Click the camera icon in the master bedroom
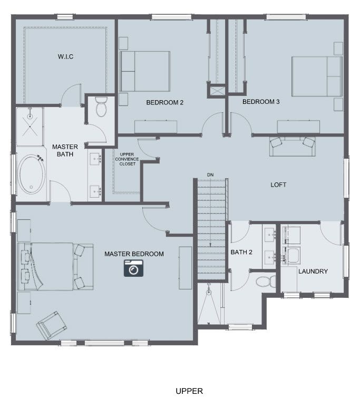tap(133, 268)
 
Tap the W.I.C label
tap(65, 56)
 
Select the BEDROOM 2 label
tap(164, 102)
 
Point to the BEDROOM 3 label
tap(261, 102)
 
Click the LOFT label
tap(278, 185)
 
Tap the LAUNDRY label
tap(313, 272)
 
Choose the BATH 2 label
tap(241, 252)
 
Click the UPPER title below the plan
tap(189, 391)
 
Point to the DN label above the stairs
tap(210, 175)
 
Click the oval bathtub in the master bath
tap(32, 173)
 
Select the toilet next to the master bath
tap(101, 107)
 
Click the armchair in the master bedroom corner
tap(52, 325)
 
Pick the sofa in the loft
tap(292, 147)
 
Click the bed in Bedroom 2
tap(144, 71)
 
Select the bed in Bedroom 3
tap(317, 76)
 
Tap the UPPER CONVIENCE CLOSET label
tap(127, 159)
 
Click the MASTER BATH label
tap(65, 150)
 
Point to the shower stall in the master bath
tap(30, 127)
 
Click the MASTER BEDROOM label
tap(134, 254)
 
